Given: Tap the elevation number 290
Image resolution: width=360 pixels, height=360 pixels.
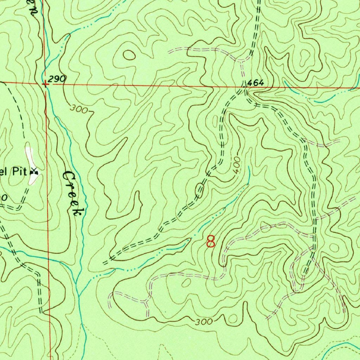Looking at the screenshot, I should (x=57, y=79).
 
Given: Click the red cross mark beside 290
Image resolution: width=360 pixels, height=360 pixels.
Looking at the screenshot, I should (x=45, y=84).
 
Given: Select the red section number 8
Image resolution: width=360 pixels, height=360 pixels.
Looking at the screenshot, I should (x=211, y=242).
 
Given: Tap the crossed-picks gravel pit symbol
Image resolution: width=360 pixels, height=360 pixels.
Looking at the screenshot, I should (x=34, y=172).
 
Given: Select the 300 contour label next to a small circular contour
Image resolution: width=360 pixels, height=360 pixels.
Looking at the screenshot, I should (x=204, y=322).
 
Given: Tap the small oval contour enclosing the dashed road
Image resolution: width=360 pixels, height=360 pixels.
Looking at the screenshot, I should (x=200, y=190).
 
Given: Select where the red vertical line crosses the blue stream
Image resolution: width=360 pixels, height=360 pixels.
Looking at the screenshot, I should (x=48, y=258).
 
